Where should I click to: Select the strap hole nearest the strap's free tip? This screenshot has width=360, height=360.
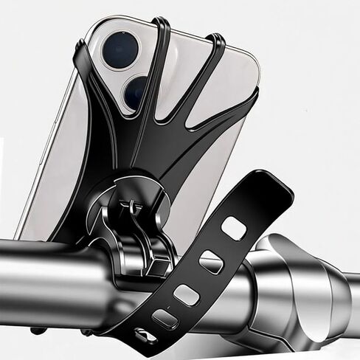coord(234,229)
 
